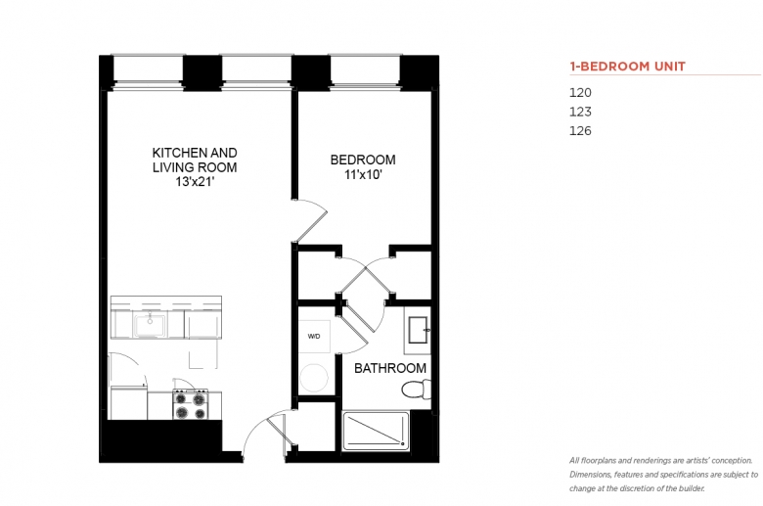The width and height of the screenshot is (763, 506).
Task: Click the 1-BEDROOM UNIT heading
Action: tap(627, 67)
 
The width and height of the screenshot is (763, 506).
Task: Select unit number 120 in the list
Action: tap(580, 93)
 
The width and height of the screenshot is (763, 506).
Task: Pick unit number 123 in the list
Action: tap(580, 112)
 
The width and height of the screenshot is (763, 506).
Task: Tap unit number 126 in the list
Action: tap(580, 130)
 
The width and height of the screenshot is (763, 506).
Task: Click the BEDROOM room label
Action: tap(363, 160)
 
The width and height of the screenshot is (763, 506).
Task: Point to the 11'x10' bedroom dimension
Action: tap(363, 174)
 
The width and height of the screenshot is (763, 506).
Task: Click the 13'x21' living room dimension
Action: tap(195, 182)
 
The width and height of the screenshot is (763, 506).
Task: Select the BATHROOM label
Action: tap(390, 368)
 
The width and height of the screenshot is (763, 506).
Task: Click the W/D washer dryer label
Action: tap(314, 336)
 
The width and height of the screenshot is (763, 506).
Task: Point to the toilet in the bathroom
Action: tap(416, 390)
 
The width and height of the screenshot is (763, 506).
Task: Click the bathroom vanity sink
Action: tap(418, 330)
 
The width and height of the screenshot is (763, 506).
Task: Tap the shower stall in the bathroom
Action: tap(376, 431)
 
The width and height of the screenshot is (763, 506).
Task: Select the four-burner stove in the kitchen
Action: tap(191, 405)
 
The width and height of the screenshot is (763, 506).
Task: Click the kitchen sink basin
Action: tap(150, 325)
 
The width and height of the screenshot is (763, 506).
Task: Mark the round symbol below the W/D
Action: tap(314, 378)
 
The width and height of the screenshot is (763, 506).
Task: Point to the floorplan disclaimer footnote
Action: tap(664, 475)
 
